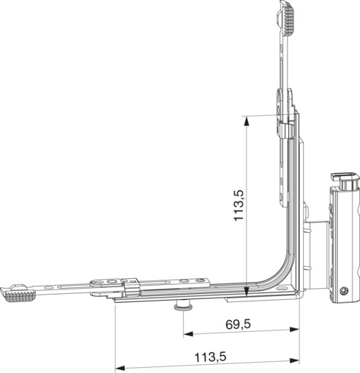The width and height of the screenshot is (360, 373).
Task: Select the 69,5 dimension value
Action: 238,325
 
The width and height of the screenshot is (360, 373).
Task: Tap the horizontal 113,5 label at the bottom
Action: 211,357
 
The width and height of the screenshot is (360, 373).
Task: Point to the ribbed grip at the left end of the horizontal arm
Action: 18,295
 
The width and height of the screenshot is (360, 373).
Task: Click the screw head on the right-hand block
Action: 344,291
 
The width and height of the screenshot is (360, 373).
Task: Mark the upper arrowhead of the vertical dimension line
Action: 246,122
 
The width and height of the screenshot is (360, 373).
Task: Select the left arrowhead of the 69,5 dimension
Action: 189,333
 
